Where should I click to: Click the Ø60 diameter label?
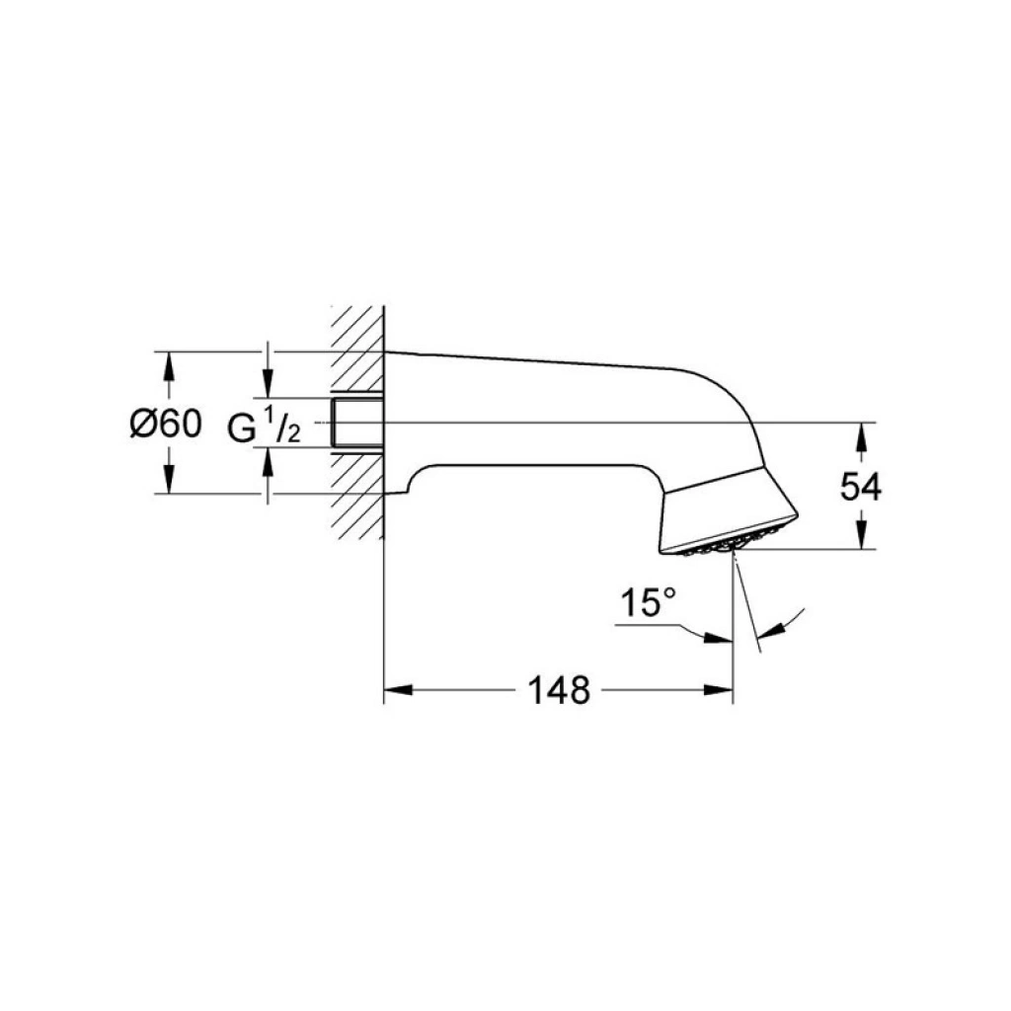(x=166, y=424)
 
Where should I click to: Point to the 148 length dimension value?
(x=559, y=690)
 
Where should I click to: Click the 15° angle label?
(x=648, y=603)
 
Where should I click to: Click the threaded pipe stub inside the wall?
(x=357, y=423)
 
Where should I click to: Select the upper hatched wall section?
(x=357, y=349)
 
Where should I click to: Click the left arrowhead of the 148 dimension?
(x=398, y=690)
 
